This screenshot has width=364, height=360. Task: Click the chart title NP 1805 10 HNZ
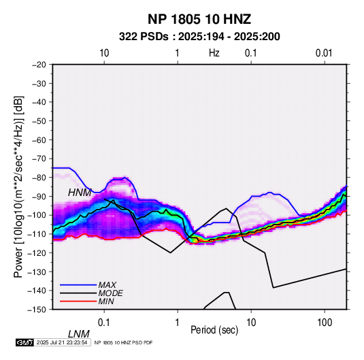[199, 19]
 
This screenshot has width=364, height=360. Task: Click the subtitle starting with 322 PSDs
[199, 37]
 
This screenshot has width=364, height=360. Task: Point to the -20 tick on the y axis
[39, 65]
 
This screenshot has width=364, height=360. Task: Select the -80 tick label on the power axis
[39, 178]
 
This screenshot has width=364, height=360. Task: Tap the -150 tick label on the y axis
[37, 310]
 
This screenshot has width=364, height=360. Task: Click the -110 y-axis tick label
[37, 234]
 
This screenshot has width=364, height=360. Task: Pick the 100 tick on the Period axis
[325, 323]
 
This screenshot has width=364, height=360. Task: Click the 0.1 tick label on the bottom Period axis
[104, 323]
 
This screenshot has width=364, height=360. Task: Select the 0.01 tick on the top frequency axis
[324, 53]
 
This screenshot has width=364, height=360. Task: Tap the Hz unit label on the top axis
[214, 53]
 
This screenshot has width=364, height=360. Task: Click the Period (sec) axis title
[214, 330]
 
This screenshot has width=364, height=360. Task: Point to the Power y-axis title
[18, 187]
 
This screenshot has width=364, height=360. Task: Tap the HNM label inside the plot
[80, 193]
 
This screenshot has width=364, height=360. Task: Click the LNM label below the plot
[79, 334]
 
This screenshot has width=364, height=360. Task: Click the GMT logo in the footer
[25, 342]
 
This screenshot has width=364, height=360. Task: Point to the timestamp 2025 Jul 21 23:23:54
[62, 342]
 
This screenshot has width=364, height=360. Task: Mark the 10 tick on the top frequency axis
[104, 53]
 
